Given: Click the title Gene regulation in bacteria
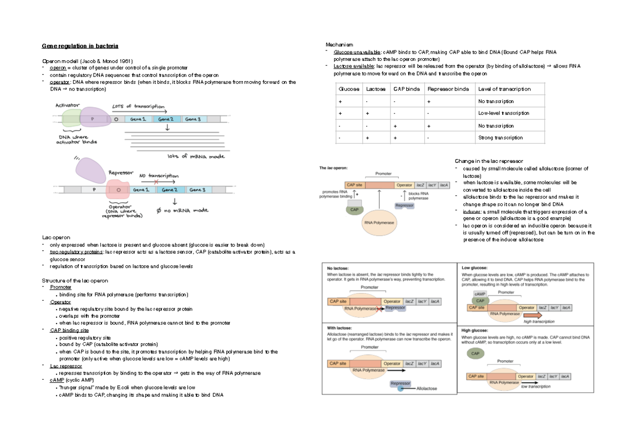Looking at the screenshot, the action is [80, 46].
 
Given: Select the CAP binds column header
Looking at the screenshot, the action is [406, 89].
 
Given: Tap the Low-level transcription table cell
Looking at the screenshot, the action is [503, 113].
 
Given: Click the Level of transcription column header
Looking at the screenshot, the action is [504, 89].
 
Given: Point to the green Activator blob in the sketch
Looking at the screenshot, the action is [71, 117].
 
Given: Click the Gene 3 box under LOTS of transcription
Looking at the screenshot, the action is [193, 119].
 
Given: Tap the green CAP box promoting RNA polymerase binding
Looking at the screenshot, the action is [355, 210].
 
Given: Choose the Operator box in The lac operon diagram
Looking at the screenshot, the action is [404, 185].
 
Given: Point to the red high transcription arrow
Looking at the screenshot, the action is [532, 316].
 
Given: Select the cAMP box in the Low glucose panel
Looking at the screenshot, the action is [479, 294].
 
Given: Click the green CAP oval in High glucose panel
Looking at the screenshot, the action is [475, 354].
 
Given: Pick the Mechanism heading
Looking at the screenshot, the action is [339, 45].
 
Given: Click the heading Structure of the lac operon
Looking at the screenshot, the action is [75, 281].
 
